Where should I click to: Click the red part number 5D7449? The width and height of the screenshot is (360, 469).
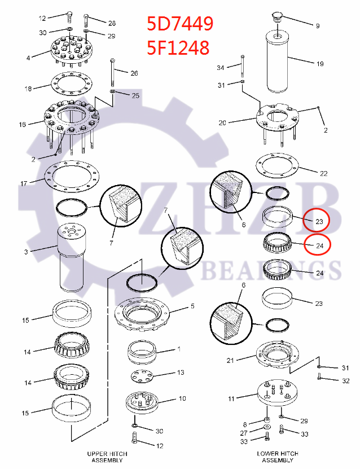pyautogui.click(x=179, y=24)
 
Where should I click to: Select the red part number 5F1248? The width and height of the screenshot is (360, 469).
pyautogui.click(x=178, y=47)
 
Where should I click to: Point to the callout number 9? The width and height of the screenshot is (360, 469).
pyautogui.click(x=317, y=26)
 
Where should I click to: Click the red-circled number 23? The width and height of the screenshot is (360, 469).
pyautogui.click(x=319, y=222)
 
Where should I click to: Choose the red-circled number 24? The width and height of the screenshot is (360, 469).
pyautogui.click(x=319, y=246)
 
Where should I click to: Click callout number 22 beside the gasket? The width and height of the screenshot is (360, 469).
pyautogui.click(x=323, y=173)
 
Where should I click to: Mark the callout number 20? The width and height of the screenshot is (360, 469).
pyautogui.click(x=222, y=122)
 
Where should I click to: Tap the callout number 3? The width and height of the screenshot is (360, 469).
pyautogui.click(x=25, y=252)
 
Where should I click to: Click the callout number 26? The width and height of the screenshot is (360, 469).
pyautogui.click(x=134, y=73)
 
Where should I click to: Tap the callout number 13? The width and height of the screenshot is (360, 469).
pyautogui.click(x=181, y=372)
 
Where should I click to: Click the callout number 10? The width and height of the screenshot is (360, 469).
pyautogui.click(x=182, y=398)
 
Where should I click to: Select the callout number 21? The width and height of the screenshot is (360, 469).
pyautogui.click(x=230, y=360)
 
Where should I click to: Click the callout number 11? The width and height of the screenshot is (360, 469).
pyautogui.click(x=231, y=399)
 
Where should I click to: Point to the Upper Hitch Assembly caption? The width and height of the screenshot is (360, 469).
pyautogui.click(x=107, y=457)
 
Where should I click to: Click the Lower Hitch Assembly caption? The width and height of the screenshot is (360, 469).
pyautogui.click(x=277, y=457)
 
